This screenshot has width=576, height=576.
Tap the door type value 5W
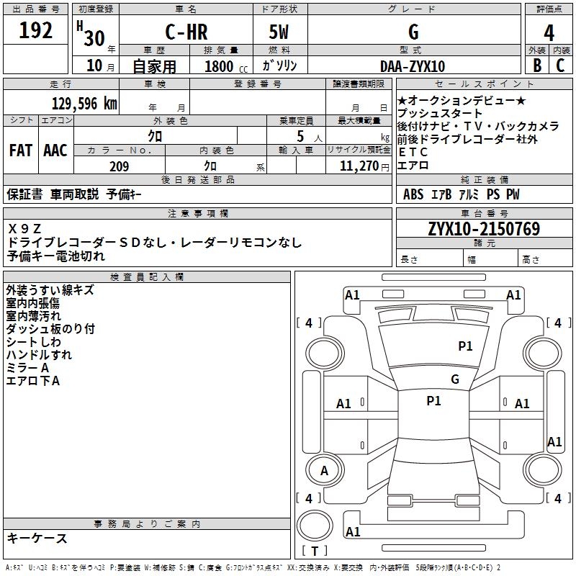click(x=279, y=32)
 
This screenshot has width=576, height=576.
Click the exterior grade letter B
click(x=536, y=65)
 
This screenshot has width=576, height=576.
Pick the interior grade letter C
click(x=560, y=65)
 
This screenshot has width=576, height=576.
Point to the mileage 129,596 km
click(x=84, y=103)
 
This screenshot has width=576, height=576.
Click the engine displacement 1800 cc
click(x=224, y=66)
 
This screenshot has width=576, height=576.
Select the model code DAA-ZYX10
click(x=413, y=66)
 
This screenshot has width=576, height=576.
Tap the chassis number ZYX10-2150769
click(x=484, y=229)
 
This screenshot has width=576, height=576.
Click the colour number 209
click(x=119, y=166)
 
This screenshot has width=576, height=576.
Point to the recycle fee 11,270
click(x=358, y=166)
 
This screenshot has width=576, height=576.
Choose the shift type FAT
click(x=20, y=150)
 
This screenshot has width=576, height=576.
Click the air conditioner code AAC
click(x=55, y=150)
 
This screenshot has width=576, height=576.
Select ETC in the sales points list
click(x=413, y=152)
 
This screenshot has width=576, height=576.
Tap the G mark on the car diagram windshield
click(x=454, y=379)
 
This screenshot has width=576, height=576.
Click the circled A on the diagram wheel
click(x=324, y=471)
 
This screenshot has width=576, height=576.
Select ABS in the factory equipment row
click(x=413, y=194)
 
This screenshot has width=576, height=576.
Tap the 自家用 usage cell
click(x=154, y=66)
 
